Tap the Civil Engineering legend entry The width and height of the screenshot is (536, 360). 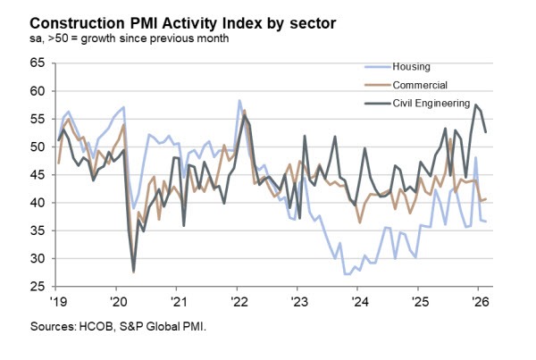click(x=421, y=103)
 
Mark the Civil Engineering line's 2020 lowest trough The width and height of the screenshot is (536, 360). click(x=134, y=272)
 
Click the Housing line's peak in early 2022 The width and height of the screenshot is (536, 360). click(x=239, y=100)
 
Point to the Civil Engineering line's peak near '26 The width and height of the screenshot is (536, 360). click(x=477, y=105)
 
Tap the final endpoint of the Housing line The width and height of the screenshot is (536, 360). click(x=485, y=222)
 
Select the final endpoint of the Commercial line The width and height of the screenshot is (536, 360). click(x=485, y=198)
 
